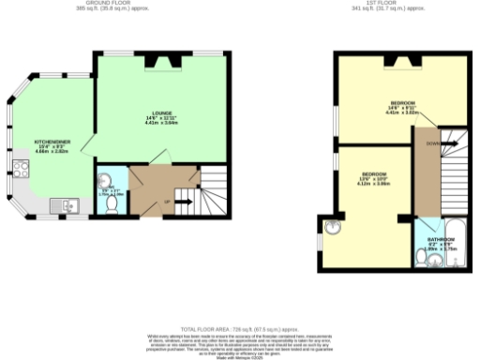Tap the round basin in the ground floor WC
click(x=103, y=180)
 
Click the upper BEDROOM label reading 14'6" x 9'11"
click(x=404, y=103)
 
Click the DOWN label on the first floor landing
click(x=430, y=144)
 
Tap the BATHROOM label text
click(x=441, y=240)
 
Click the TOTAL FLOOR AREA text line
click(x=240, y=327)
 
